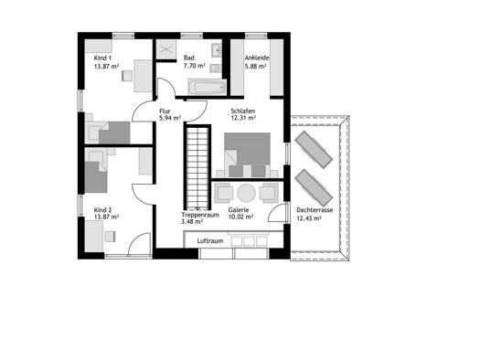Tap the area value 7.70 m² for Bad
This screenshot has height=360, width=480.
[x=195, y=66]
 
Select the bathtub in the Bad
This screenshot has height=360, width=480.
[x=207, y=87]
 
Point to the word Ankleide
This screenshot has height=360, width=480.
[x=257, y=58]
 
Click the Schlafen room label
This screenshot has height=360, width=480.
[x=243, y=111]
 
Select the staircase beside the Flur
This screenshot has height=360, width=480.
[x=197, y=167]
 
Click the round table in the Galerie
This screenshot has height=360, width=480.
[x=246, y=193]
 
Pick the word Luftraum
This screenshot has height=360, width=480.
[x=210, y=240]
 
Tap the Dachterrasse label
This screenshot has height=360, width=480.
[x=315, y=210]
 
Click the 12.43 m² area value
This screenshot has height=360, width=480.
[x=309, y=218]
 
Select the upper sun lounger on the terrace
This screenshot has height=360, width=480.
[x=314, y=150]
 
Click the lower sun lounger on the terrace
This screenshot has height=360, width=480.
[x=314, y=187]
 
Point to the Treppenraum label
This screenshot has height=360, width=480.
[x=200, y=215]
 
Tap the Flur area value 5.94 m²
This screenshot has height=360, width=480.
[x=170, y=118]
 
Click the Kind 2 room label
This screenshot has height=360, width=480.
[x=102, y=210]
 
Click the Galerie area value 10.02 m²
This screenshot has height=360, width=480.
[x=240, y=217]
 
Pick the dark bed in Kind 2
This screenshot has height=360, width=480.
[x=96, y=177]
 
